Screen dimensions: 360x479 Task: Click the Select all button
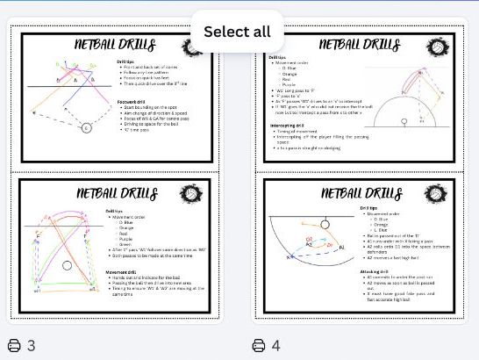point(237,32)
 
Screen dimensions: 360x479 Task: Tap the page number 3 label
point(31,345)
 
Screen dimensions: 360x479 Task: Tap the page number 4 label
point(275,345)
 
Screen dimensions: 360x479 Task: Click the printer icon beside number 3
point(14,345)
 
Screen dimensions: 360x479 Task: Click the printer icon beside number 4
point(259,345)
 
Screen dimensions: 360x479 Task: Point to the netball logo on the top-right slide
point(435,47)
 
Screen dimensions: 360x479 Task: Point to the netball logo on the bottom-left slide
point(192,195)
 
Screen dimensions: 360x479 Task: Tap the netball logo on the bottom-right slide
point(435,195)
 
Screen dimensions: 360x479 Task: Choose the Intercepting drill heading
point(290,125)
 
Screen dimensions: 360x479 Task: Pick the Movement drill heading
point(125,272)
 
